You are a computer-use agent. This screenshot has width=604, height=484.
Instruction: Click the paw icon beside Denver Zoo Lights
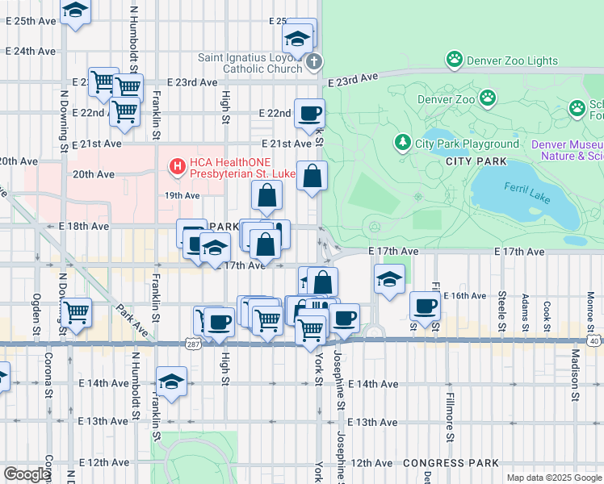[x=455, y=60]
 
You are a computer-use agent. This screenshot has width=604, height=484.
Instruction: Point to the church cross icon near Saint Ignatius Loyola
[x=315, y=60]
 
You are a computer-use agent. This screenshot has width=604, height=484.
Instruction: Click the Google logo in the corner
[x=27, y=474]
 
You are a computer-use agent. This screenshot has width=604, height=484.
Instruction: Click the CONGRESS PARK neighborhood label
[x=442, y=463]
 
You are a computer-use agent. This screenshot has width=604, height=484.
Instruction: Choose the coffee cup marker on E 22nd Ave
[x=308, y=113]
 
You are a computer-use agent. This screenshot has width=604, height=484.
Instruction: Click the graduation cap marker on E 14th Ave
[x=171, y=382]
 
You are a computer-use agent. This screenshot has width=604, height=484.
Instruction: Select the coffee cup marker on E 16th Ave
[x=425, y=306]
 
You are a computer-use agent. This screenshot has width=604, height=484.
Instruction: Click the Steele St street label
[x=502, y=311]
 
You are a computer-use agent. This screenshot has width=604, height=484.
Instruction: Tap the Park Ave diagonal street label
[x=132, y=319]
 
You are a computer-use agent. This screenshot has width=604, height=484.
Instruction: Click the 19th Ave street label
[x=182, y=195]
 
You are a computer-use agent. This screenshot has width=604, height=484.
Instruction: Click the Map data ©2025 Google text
[x=553, y=478]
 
